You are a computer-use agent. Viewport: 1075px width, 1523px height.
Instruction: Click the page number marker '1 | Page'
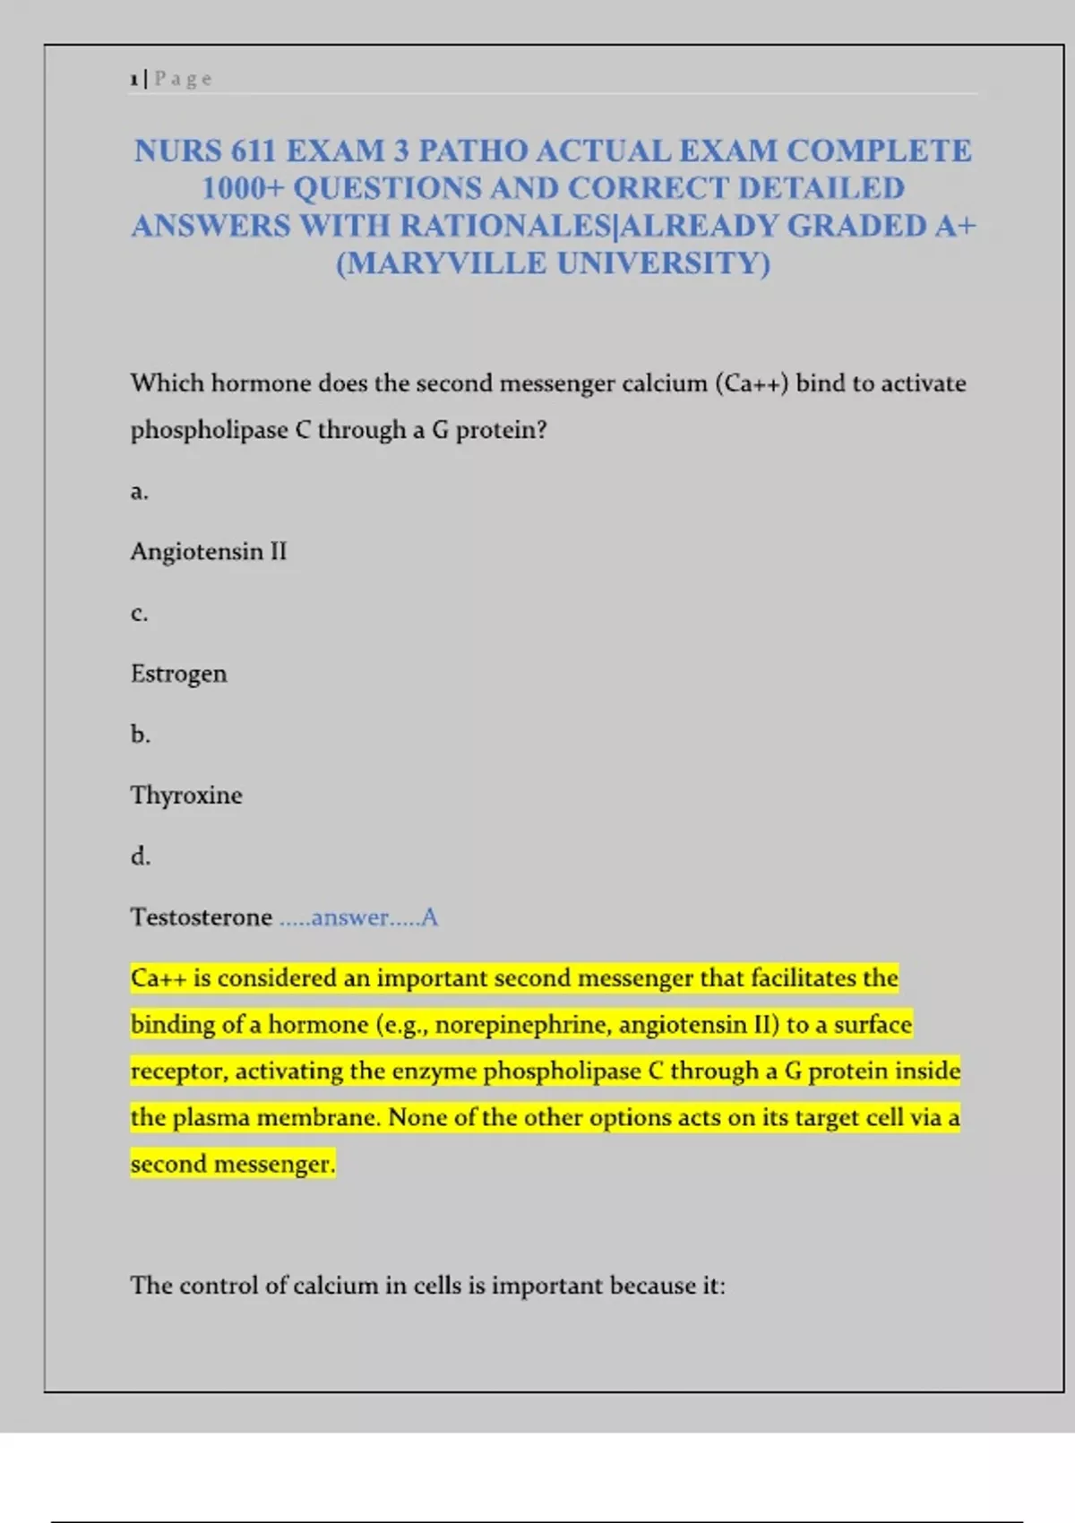point(170,79)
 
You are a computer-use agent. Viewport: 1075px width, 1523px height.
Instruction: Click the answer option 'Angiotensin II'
point(209,551)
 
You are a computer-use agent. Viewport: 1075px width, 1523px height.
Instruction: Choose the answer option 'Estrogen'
point(178,674)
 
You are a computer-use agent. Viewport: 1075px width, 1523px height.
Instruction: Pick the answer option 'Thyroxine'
point(186,796)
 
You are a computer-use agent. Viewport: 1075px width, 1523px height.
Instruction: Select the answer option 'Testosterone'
point(201,917)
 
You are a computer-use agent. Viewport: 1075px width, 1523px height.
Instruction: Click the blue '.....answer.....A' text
point(358,917)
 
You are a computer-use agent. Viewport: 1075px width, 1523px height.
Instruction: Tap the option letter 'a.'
point(139,491)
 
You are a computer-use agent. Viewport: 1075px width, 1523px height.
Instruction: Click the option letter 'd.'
point(140,856)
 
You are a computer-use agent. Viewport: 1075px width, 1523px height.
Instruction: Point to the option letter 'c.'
point(139,613)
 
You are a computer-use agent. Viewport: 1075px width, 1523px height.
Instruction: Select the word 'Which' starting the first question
point(168,383)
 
